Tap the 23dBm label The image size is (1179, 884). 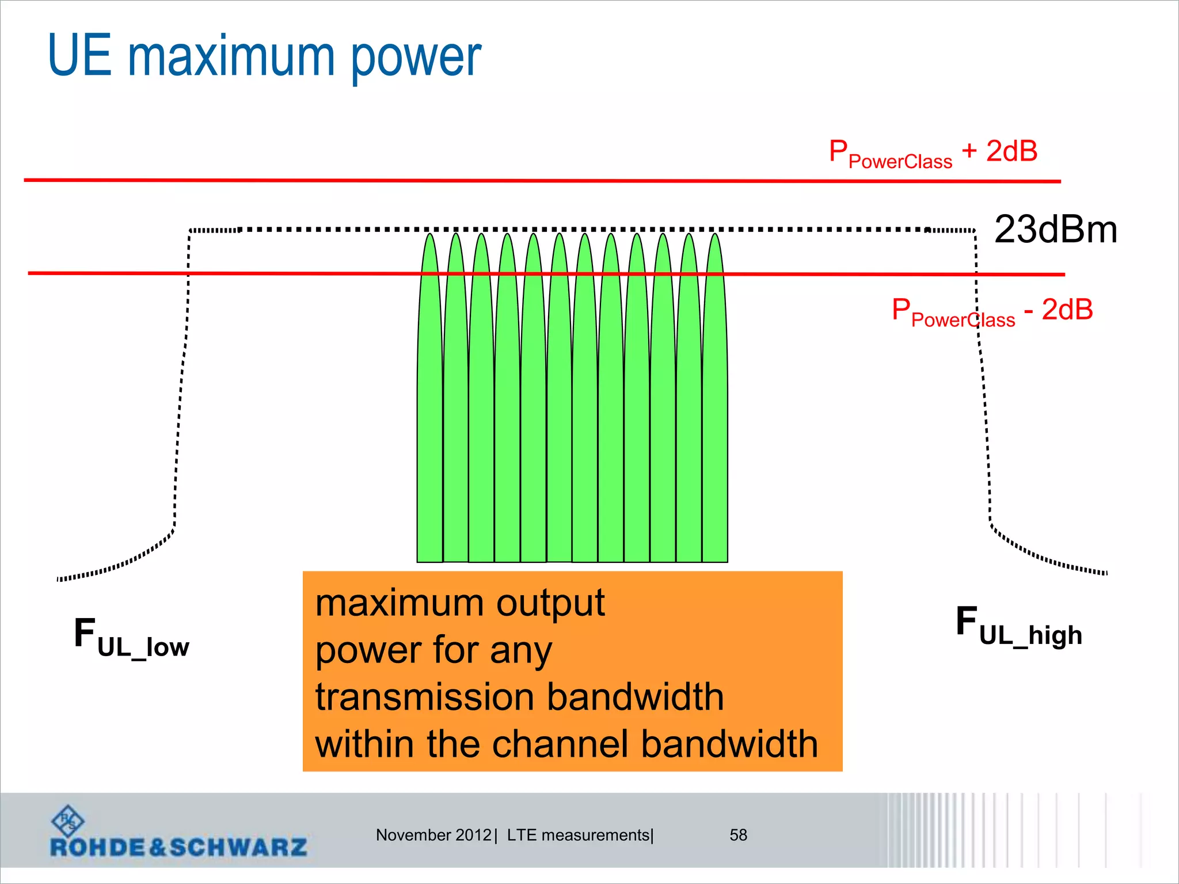click(x=1055, y=230)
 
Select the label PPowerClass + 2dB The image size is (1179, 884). click(x=933, y=154)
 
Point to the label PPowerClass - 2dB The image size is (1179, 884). click(x=992, y=311)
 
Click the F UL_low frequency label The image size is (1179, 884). click(x=131, y=637)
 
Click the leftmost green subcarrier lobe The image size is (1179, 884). click(x=430, y=403)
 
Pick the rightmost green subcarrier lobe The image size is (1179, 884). click(x=715, y=403)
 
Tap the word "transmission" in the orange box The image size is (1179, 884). click(x=424, y=697)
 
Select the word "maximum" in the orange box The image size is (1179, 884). click(x=399, y=603)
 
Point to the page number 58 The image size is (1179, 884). click(x=738, y=835)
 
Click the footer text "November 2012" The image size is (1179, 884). click(x=433, y=835)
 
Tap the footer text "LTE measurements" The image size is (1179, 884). click(x=578, y=835)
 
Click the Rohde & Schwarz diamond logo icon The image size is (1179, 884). click(x=67, y=820)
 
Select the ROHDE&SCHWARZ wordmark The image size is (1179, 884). click(x=178, y=847)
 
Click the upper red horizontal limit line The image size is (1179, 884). click(x=541, y=181)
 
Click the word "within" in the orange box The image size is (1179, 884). click(x=364, y=744)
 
